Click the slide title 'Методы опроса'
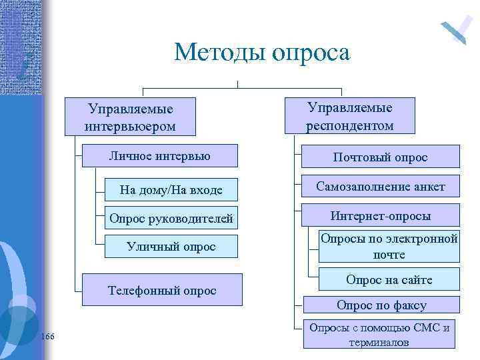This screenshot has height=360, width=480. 261,52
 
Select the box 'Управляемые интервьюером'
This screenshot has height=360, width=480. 130,117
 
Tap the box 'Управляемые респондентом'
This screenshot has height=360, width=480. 349,116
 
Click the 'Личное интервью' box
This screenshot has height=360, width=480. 160,156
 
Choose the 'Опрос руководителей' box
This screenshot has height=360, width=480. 171,217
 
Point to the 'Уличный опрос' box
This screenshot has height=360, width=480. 171,247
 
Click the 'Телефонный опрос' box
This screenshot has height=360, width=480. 162,290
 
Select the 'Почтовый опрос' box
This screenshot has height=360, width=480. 381,157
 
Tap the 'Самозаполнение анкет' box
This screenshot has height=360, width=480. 381,187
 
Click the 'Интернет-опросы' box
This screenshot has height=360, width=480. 381,215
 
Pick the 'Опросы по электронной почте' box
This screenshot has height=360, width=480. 389,246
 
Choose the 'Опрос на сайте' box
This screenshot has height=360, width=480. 389,279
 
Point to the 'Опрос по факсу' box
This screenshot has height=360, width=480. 381,305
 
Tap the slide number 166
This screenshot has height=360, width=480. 47,336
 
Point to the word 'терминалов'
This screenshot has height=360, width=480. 378,343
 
